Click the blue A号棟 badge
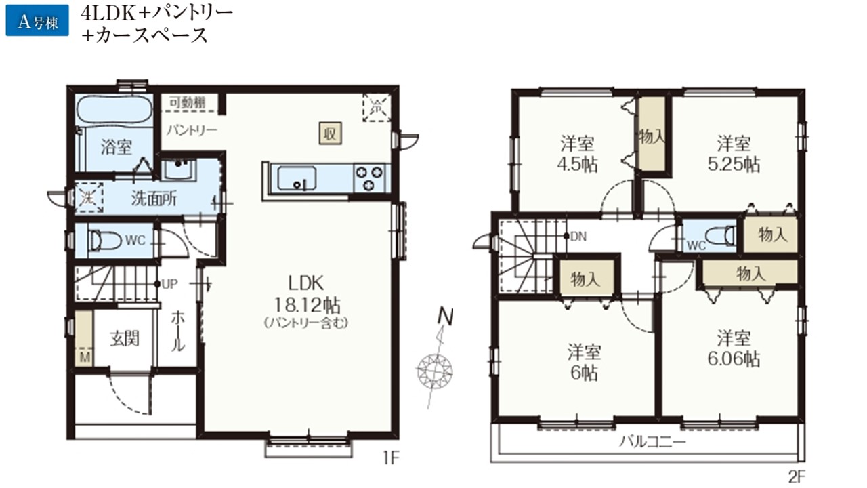(x=37, y=20)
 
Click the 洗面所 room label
(x=154, y=199)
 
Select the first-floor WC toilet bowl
(x=105, y=241)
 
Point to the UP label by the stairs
(x=169, y=284)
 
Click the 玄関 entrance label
(x=124, y=339)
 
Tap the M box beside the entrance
(x=84, y=357)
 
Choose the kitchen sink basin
(x=297, y=178)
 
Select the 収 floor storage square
(x=330, y=134)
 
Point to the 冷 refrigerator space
(x=377, y=107)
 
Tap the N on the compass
(x=445, y=317)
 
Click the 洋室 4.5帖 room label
(x=577, y=154)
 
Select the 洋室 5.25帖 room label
(x=734, y=154)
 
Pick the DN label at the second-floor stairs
(x=578, y=237)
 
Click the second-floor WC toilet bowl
(x=720, y=235)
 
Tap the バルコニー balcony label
(x=652, y=441)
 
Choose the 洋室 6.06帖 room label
(x=734, y=348)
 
